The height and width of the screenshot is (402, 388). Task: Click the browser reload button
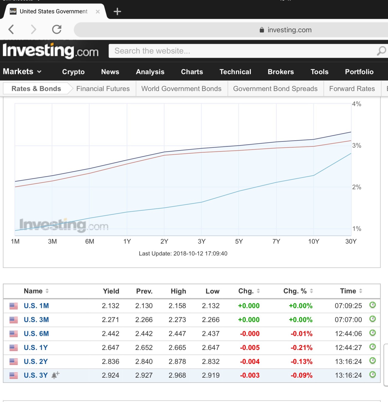tap(57, 29)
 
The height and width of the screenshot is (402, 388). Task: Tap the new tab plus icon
tap(117, 12)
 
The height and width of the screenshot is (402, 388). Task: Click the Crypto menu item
tap(73, 72)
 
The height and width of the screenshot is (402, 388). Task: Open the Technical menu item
tap(235, 72)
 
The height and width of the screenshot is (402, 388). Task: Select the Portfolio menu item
tap(359, 72)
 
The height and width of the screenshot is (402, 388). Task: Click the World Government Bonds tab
tap(181, 89)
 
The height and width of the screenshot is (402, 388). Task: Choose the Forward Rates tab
tap(352, 89)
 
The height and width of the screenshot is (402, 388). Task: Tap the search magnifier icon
tap(381, 51)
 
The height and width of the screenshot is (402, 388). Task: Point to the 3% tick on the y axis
tap(356, 146)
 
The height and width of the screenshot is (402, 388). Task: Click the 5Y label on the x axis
tap(239, 241)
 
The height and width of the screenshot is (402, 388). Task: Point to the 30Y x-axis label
tap(351, 241)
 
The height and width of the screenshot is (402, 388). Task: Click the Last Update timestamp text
tap(183, 254)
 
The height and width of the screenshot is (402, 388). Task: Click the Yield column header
tap(111, 291)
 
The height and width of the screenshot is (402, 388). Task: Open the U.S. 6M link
tap(36, 334)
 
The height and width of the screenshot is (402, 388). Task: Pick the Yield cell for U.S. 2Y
tap(110, 362)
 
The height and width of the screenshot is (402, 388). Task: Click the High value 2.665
tap(177, 348)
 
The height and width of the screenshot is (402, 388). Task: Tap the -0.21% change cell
tap(301, 348)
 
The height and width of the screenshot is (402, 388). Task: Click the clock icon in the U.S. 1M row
tap(372, 305)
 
